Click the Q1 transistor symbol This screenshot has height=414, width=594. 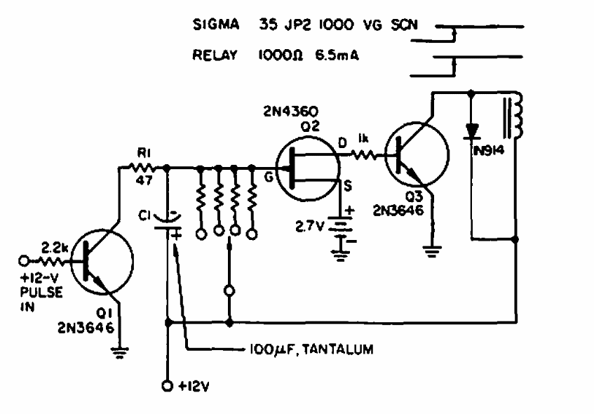(x=102, y=261)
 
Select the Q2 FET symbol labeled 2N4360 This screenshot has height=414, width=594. (x=308, y=170)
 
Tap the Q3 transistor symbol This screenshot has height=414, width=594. (x=417, y=154)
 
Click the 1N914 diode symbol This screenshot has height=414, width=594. (x=472, y=131)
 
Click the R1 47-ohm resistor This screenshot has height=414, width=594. (x=142, y=167)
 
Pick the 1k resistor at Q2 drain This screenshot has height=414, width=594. (x=363, y=154)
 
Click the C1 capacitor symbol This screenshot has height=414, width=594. (x=167, y=222)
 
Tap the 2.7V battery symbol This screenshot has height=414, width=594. (x=340, y=229)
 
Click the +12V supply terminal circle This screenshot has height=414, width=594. (x=167, y=386)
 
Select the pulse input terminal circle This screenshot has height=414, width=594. (x=23, y=261)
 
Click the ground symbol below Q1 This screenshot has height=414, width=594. (x=120, y=353)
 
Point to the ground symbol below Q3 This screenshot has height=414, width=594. (x=432, y=252)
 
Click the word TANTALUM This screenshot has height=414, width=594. (x=338, y=349)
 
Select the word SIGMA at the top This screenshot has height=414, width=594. (x=216, y=25)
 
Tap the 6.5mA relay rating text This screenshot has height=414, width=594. (x=337, y=55)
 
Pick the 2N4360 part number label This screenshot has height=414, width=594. (x=290, y=112)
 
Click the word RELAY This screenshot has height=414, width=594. (x=215, y=55)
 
